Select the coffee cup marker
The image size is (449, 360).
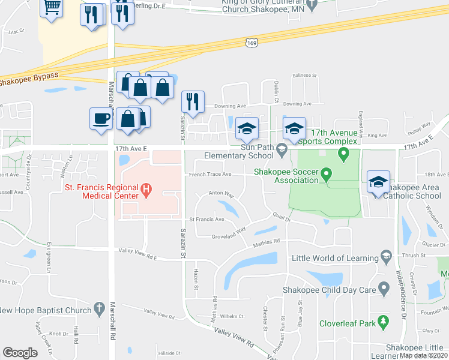100,117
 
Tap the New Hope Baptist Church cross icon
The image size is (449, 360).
100,309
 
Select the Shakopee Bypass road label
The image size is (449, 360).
29,78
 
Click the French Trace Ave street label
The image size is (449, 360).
210,175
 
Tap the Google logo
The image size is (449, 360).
20,352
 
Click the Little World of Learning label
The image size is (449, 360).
333,258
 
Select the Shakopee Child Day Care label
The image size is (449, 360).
329,290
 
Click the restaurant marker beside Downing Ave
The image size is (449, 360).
193,101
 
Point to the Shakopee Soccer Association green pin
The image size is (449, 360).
326,175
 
